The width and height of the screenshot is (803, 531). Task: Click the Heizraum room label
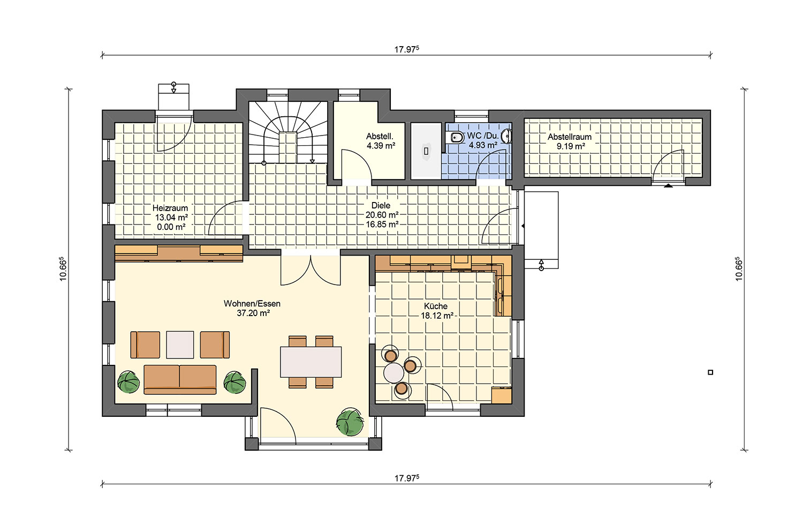coord(170,208)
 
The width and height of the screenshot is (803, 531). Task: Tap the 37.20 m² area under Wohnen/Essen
coord(253,313)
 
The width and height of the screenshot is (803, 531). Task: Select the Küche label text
coord(436,306)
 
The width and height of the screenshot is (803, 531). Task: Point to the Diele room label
coord(381,206)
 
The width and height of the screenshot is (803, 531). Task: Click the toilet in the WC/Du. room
coord(456,137)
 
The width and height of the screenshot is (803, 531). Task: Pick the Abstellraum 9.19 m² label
coord(570,141)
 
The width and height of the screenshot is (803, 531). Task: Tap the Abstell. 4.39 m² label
coord(380,141)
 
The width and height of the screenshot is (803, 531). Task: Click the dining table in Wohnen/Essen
coord(311,362)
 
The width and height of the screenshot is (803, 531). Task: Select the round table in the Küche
coord(393,373)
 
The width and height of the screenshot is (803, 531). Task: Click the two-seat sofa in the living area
coord(180,379)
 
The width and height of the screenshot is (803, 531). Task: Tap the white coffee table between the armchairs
coord(180,345)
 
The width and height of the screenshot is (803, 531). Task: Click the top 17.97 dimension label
coord(406,49)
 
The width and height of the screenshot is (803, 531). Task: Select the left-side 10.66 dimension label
coord(63,268)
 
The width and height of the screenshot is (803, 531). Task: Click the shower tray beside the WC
coord(426,151)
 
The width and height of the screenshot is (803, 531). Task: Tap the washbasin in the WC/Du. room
coord(507,136)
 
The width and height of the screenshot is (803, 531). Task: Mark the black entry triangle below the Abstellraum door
coord(668,185)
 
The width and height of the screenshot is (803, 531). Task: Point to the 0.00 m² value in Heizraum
coord(171,227)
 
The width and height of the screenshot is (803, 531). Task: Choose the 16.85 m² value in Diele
coord(382,225)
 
